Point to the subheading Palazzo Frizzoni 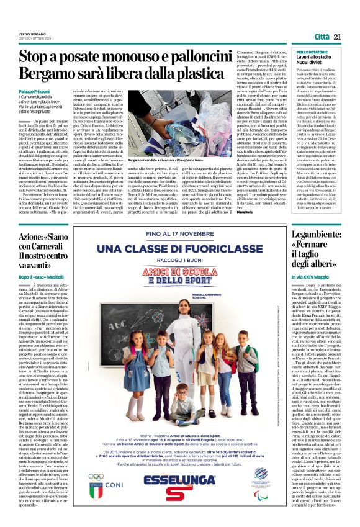tap(36, 91)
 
